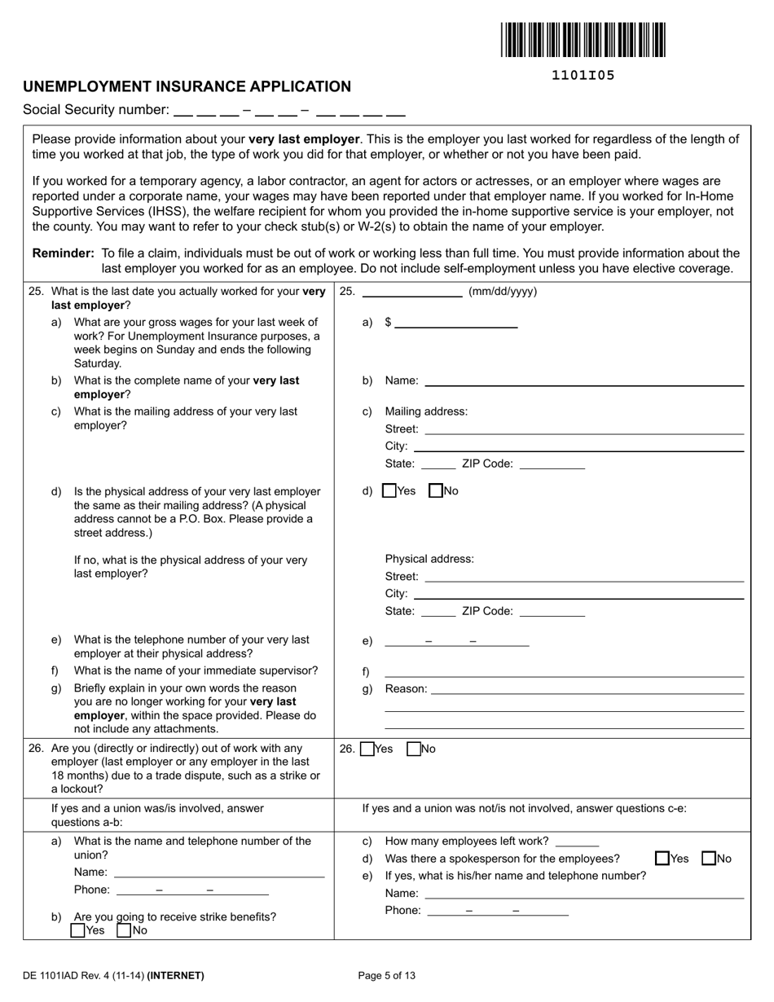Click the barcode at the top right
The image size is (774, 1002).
point(583,40)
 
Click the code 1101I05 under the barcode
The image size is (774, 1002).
point(583,76)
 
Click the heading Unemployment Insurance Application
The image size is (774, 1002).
point(187,86)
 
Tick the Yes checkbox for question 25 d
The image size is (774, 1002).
point(389,490)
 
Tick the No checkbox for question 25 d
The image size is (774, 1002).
point(435,490)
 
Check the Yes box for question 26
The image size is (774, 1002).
point(367,749)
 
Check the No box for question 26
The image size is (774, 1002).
point(413,749)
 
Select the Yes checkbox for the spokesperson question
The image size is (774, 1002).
point(662,858)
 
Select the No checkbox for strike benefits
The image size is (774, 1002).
point(124,930)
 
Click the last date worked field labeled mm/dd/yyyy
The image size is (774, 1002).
point(411,292)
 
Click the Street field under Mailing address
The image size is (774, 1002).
point(583,428)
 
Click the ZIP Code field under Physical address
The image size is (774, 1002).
point(552,610)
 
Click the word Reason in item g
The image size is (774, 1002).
point(406,688)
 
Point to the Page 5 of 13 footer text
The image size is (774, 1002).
point(387,975)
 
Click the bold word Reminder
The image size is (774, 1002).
point(63,253)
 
